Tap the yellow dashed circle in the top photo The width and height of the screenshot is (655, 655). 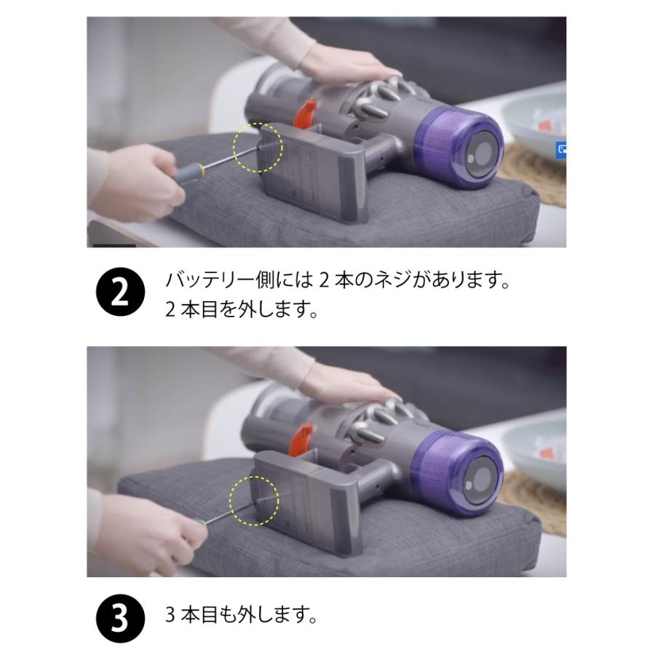click(257, 148)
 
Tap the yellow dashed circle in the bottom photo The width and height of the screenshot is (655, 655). click(255, 501)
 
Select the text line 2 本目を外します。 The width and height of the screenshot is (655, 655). click(242, 311)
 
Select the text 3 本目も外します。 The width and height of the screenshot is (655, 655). click(242, 617)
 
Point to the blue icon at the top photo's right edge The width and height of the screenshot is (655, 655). click(561, 148)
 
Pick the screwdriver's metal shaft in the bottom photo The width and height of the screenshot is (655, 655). click(225, 513)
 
